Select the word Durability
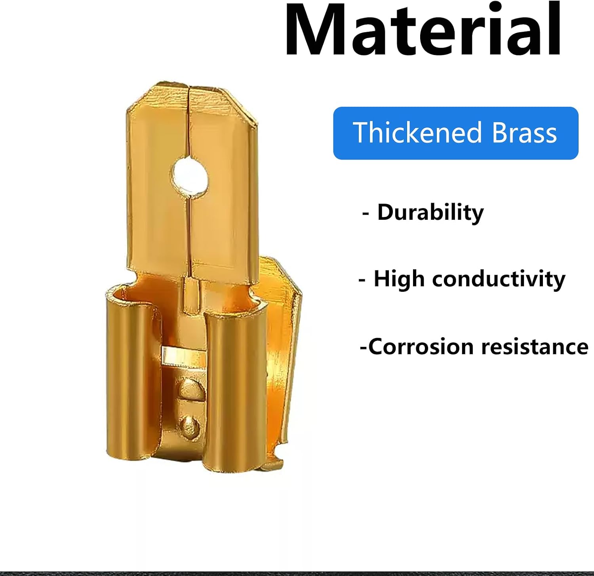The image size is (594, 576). pyautogui.click(x=430, y=213)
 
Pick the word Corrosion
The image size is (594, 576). pyautogui.click(x=421, y=347)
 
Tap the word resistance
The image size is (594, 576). pyautogui.click(x=535, y=347)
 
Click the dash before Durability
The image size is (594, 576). pyautogui.click(x=366, y=214)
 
